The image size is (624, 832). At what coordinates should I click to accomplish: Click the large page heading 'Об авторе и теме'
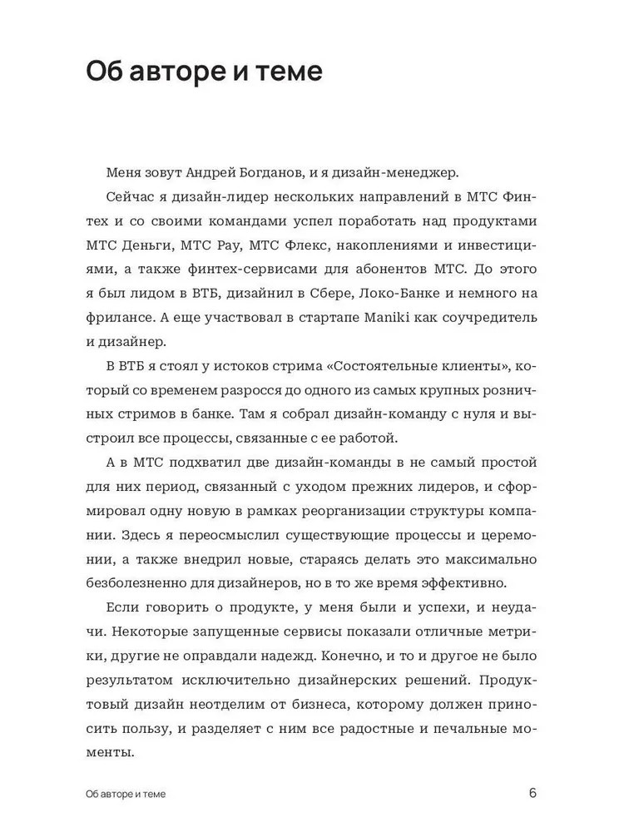tap(204, 72)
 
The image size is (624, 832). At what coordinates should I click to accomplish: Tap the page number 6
tap(532, 792)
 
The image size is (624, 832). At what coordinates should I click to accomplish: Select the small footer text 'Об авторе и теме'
tap(125, 794)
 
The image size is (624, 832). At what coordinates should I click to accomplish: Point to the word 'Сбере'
tap(316, 293)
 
